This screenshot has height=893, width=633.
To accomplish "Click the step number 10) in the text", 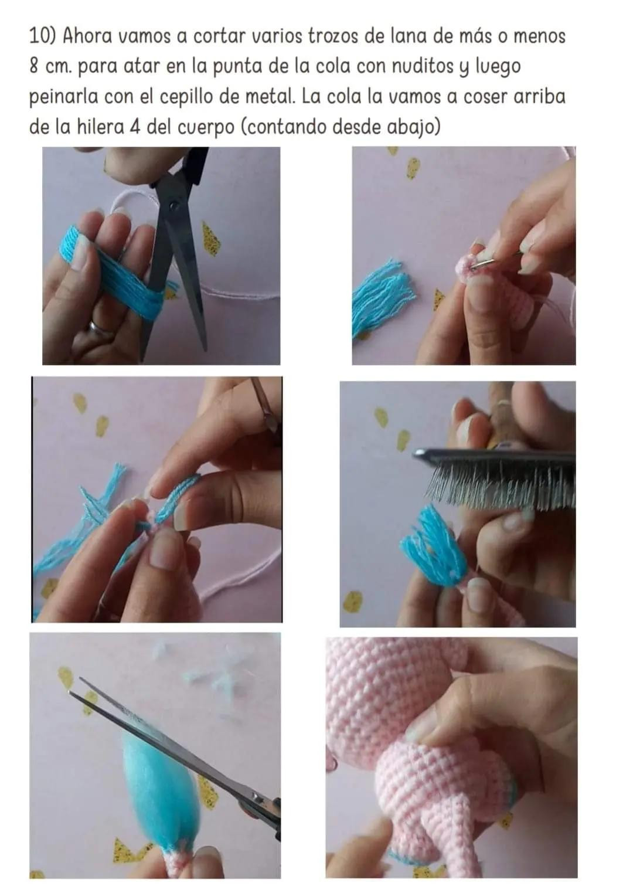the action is [x=43, y=36].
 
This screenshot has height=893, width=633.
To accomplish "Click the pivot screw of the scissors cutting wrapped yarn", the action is [x=174, y=206].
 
